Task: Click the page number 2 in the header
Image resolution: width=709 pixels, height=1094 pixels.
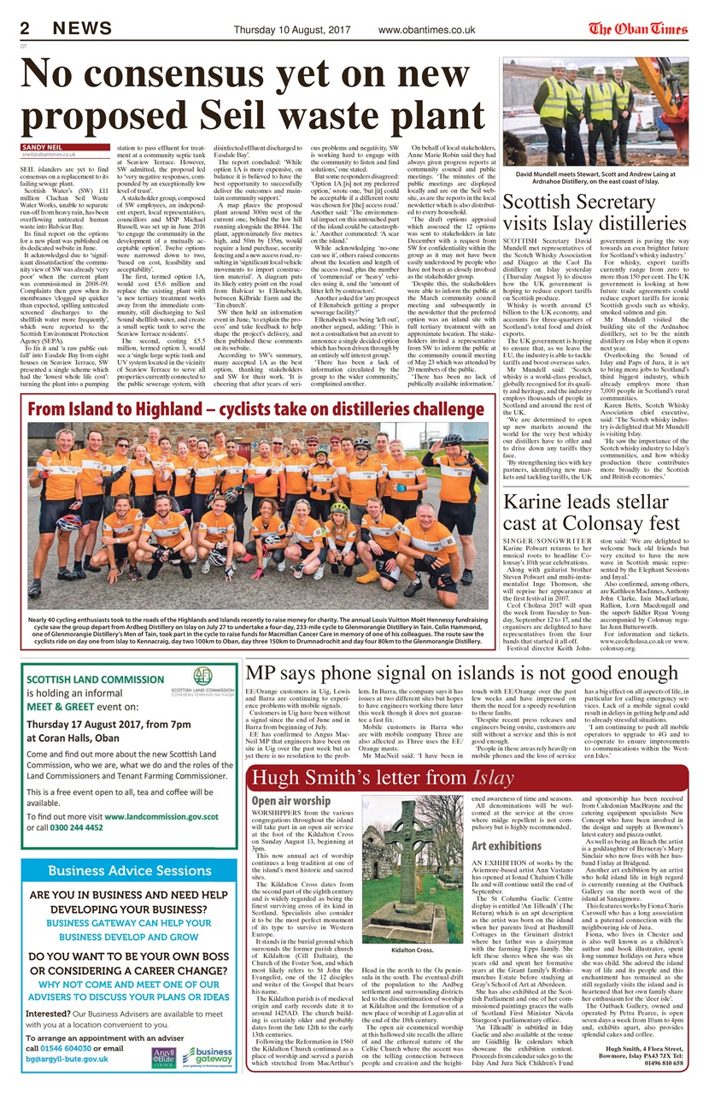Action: pos(26,29)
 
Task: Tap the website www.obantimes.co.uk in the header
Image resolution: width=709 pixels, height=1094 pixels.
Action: pos(426,30)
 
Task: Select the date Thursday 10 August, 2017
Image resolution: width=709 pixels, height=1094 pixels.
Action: pos(291,30)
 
